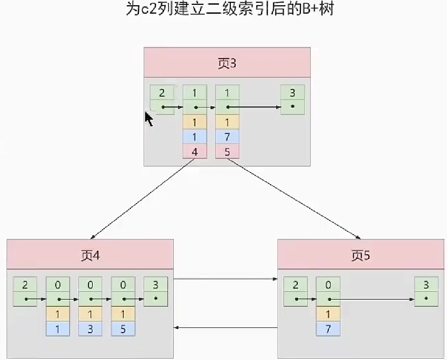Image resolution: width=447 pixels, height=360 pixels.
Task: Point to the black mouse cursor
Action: (x=149, y=119)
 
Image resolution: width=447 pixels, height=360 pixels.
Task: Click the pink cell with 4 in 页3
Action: (x=195, y=152)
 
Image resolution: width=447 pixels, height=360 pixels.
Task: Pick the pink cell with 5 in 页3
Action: (x=228, y=152)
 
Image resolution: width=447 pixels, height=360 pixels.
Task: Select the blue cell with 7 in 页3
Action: (x=228, y=137)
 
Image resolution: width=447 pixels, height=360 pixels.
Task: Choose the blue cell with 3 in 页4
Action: (x=90, y=328)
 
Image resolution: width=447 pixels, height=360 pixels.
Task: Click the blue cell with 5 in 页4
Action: (x=123, y=328)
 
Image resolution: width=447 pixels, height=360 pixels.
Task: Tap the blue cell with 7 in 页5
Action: (x=328, y=328)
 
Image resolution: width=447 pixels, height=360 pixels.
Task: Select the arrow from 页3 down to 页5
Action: (x=294, y=198)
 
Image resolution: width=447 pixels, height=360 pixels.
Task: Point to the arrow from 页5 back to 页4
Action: (x=226, y=327)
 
